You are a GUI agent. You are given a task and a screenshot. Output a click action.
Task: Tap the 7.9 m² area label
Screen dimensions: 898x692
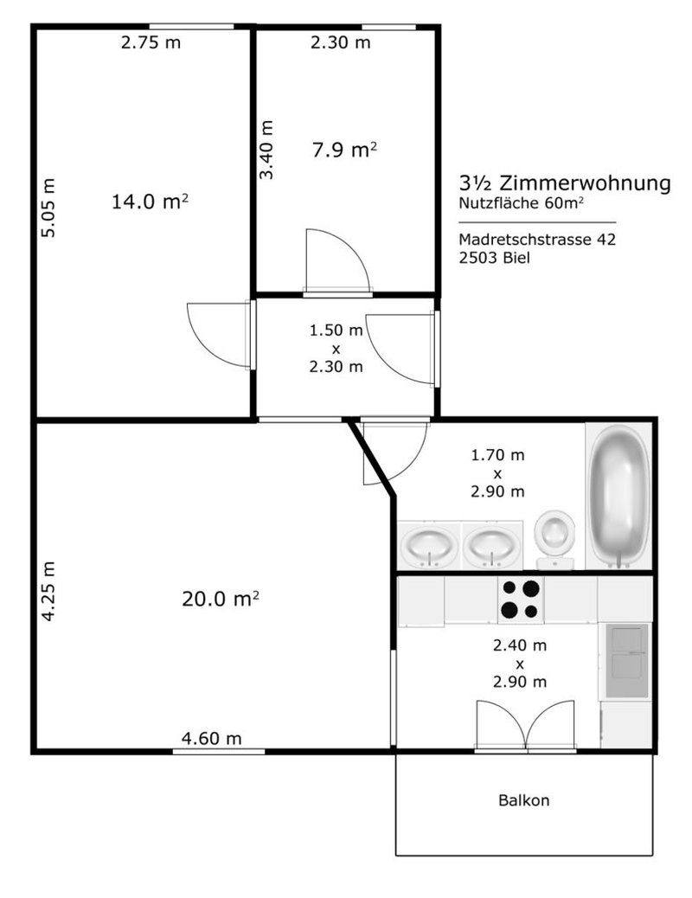[x=344, y=151]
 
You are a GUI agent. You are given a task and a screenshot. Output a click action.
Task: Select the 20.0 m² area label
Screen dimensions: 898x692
[x=221, y=598]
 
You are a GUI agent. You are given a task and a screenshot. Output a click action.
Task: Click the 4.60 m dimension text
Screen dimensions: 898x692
[x=211, y=738]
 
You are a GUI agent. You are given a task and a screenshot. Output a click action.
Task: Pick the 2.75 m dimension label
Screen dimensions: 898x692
[x=151, y=42]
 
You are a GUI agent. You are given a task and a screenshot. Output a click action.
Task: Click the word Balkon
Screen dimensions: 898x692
[x=523, y=800]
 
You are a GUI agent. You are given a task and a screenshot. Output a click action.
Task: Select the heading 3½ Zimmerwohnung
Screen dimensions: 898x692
[x=565, y=183]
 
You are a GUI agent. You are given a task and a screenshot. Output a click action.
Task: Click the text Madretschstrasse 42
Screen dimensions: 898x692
[x=537, y=240]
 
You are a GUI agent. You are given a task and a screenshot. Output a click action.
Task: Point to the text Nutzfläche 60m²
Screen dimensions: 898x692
[x=526, y=204]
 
